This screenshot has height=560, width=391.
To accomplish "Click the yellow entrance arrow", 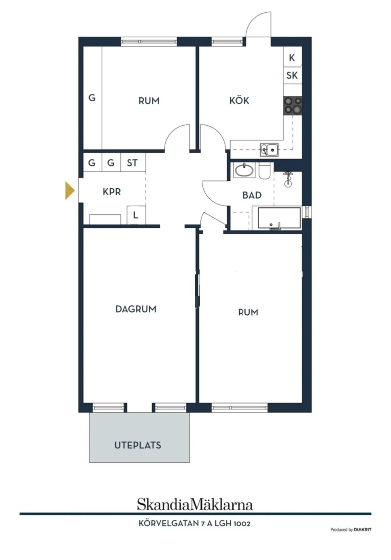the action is tap(70, 191).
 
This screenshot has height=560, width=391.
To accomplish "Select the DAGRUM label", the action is tap(136, 309).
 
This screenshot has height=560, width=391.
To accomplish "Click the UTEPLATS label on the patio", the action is tap(138, 445).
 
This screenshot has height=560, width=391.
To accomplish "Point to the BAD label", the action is tap(252, 195).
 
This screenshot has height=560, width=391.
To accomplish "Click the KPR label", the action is tap(111, 192).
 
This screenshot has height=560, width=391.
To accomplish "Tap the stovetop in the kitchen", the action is tap(292, 106).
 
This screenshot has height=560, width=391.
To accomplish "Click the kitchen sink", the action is tap(269, 150).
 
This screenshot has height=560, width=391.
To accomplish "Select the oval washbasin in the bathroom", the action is tap(244, 170).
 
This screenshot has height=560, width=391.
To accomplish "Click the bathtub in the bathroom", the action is tap(279, 218).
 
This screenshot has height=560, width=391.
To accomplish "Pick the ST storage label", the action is tap(132, 163).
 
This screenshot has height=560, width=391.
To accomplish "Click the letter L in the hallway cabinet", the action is tap(136, 215).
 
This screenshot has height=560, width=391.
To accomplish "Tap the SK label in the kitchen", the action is tap(292, 75).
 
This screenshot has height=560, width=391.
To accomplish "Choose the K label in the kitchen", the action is tap(292, 58).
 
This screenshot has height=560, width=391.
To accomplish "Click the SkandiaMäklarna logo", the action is tap(195, 504).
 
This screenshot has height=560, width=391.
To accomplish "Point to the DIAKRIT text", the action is tap(362, 529).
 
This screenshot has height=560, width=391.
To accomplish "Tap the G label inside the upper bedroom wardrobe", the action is tap(92, 97).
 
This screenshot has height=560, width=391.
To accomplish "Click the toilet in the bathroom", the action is tap(264, 171).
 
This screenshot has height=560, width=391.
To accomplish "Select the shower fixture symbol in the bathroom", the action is tap(288, 179).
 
